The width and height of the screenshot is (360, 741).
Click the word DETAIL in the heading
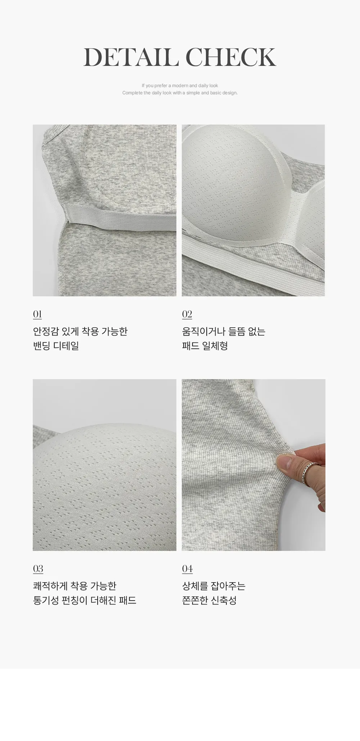[131, 57]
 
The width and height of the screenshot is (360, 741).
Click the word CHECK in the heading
[231, 57]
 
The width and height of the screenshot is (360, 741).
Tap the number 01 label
[37, 314]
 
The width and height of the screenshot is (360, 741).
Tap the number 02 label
[187, 314]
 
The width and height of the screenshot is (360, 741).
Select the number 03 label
[38, 569]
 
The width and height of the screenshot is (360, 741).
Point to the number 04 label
[187, 569]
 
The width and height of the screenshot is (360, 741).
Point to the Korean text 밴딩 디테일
[56, 346]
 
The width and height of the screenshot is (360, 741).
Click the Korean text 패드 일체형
[205, 346]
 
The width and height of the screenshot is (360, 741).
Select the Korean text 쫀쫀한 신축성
[209, 600]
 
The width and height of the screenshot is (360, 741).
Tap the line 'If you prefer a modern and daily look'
[180, 86]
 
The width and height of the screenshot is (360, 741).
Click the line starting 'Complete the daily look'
[180, 93]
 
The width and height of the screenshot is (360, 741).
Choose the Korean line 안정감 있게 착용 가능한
[80, 331]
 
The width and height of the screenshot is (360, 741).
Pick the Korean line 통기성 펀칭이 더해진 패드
[85, 600]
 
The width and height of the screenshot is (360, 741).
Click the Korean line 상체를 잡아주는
[214, 586]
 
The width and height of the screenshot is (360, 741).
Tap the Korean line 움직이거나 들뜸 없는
[224, 331]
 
